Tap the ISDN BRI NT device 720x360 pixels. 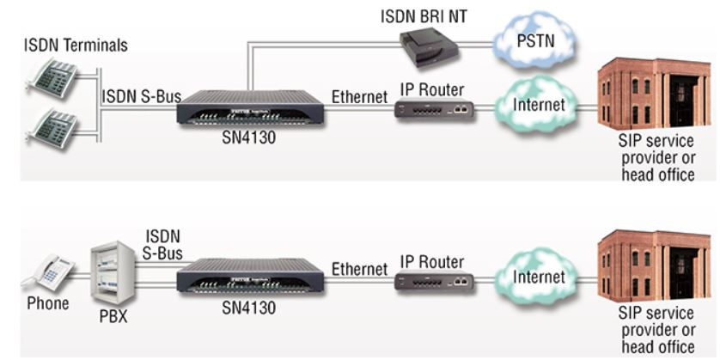[430, 48]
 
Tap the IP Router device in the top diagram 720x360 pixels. [433, 109]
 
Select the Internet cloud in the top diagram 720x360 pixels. [537, 106]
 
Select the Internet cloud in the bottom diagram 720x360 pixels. [537, 277]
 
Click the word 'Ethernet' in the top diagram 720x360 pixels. [360, 97]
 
